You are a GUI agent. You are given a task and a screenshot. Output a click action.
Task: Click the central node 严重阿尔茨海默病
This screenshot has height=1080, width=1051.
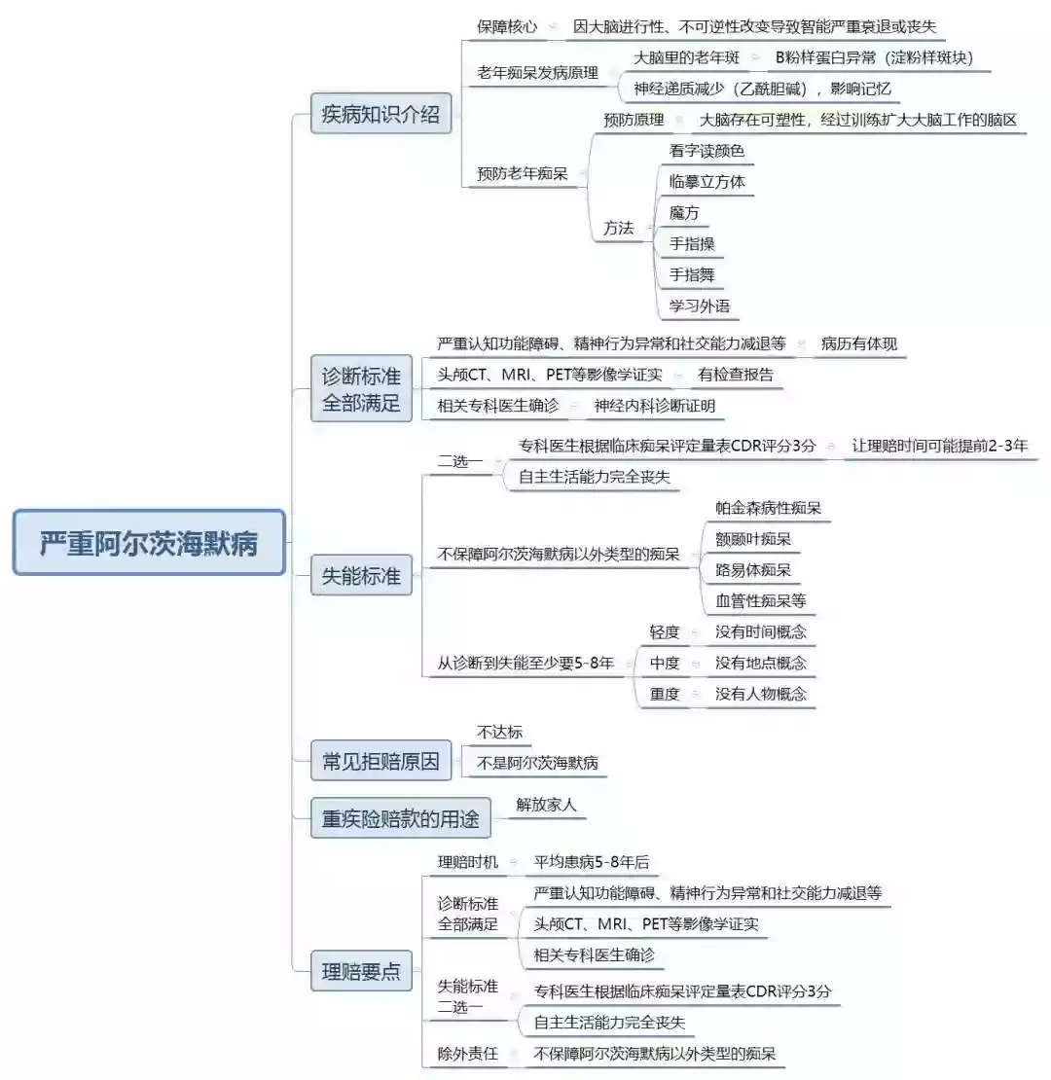point(149,543)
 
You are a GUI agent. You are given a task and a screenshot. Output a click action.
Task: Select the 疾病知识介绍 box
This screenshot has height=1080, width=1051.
point(381,114)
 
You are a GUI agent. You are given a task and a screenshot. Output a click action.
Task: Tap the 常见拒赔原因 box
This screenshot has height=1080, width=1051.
point(381,761)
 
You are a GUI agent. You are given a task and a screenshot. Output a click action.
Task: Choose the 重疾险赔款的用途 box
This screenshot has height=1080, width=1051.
point(400,818)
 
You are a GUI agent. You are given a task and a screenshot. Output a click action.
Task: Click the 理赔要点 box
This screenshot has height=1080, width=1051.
point(361,971)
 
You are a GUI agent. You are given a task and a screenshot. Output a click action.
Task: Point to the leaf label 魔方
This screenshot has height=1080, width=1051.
point(684,213)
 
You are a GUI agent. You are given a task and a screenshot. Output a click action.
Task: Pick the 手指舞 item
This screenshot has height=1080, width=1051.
point(692,274)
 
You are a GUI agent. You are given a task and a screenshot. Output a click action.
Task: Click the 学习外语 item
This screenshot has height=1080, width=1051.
point(699,306)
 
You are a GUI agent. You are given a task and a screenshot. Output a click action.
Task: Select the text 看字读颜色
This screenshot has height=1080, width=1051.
point(707,151)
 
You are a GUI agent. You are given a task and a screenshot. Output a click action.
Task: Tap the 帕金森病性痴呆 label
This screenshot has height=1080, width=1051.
point(768,508)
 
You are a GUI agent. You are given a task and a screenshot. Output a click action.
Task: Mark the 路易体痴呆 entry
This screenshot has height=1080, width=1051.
point(753,570)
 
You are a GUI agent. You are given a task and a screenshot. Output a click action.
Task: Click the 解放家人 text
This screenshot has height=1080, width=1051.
point(546,805)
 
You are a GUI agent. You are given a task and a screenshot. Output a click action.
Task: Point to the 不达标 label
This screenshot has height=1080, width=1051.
point(500,733)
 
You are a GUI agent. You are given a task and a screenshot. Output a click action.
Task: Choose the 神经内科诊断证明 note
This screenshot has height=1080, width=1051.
point(654,407)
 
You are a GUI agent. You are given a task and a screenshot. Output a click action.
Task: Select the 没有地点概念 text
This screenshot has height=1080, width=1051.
point(760,664)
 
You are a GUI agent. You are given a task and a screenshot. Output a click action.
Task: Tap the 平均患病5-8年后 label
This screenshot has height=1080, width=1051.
point(591,862)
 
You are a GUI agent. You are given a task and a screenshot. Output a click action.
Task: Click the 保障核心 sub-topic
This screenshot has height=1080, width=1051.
point(507,27)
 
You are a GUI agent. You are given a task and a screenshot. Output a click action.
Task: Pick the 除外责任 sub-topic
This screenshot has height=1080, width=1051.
point(468,1054)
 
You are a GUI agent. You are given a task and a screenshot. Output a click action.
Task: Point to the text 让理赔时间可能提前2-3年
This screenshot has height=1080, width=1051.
point(939,446)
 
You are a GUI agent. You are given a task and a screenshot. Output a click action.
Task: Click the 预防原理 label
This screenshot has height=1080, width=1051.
point(634,120)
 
